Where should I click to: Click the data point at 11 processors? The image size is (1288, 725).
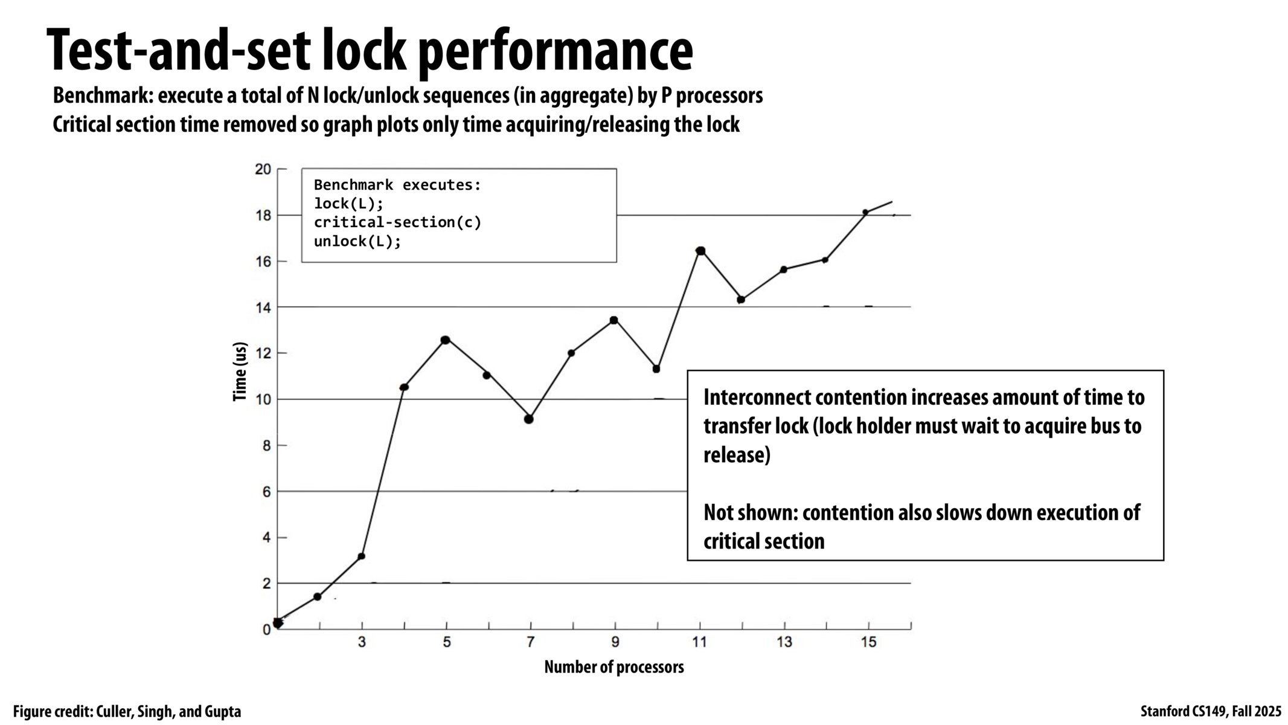[x=700, y=251]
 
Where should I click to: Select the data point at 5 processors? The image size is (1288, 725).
[x=446, y=340]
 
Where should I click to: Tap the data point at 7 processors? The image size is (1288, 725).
[x=529, y=419]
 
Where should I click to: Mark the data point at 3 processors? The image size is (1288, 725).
[x=361, y=556]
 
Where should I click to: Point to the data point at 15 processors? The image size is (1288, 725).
[x=865, y=212]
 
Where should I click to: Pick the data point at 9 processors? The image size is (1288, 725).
[x=614, y=320]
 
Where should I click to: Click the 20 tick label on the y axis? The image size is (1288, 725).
[x=263, y=169]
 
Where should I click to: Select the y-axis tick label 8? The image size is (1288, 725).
[x=266, y=445]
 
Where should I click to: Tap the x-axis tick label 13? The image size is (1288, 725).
[x=784, y=642]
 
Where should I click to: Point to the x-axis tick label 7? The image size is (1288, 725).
[x=530, y=642]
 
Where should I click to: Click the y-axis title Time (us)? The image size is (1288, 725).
[x=240, y=372]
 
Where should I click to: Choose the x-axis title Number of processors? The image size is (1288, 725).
[x=614, y=667]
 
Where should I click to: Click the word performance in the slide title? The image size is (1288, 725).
[x=556, y=51]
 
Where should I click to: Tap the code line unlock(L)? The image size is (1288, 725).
[x=357, y=242]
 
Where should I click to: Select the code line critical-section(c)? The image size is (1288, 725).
[x=397, y=222]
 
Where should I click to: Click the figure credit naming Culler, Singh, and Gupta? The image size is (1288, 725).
[x=127, y=712]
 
